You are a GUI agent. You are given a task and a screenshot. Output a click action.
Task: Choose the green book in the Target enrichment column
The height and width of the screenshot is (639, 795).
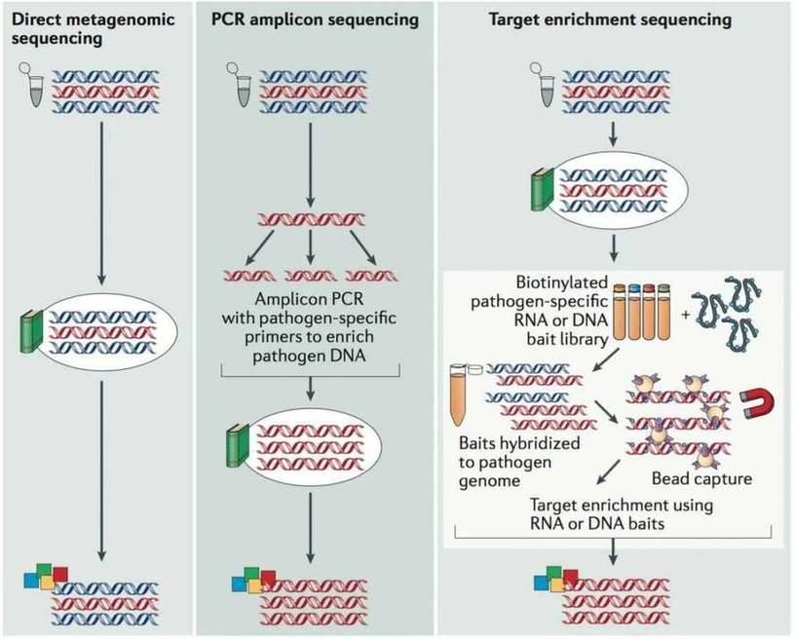[538, 190]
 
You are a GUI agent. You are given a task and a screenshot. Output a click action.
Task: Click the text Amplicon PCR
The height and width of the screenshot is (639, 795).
[310, 299]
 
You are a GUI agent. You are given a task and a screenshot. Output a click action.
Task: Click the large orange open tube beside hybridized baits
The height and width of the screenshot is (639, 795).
[459, 398]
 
